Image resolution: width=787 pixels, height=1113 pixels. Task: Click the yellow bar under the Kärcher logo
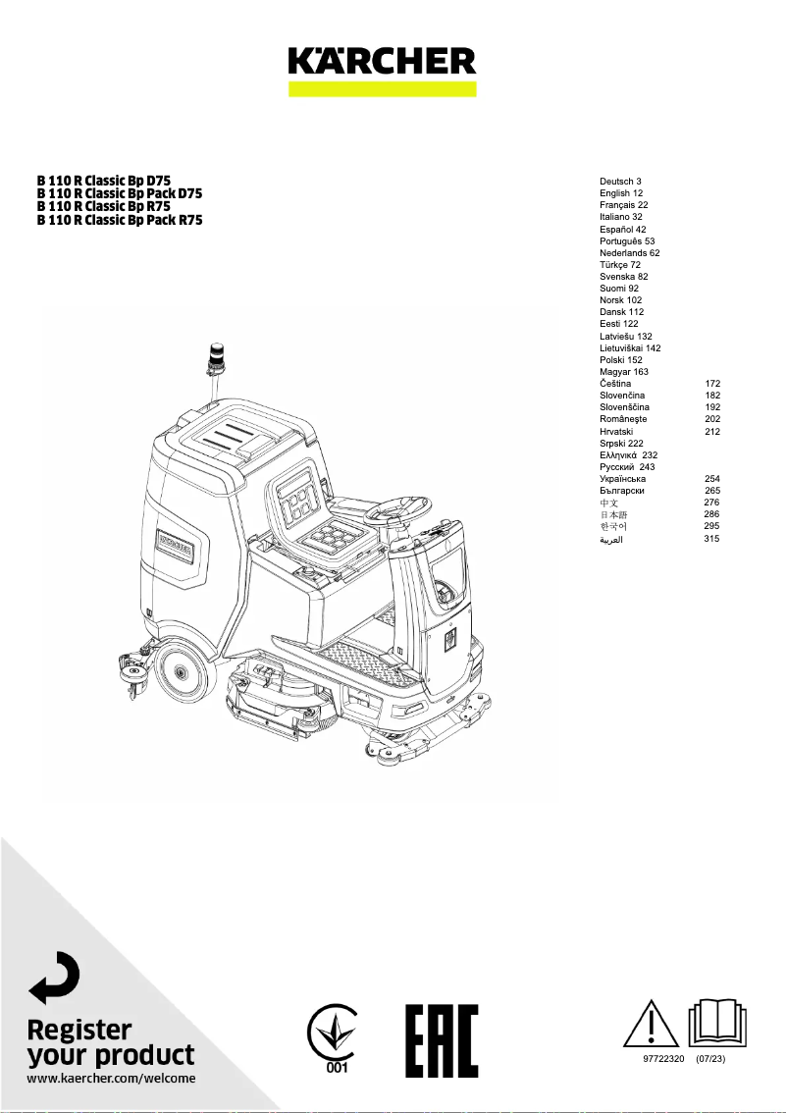click(x=382, y=88)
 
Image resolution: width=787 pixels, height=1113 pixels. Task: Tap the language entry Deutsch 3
click(x=620, y=182)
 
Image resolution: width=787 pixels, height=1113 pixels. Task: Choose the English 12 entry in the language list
click(x=621, y=193)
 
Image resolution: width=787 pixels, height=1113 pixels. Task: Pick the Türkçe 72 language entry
click(x=620, y=265)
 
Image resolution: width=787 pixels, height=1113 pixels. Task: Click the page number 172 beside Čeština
click(x=712, y=384)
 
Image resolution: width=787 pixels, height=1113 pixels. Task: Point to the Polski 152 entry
click(x=622, y=360)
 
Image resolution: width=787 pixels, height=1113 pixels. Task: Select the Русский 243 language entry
click(x=627, y=467)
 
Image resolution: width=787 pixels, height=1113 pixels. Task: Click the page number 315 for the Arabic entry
click(x=712, y=539)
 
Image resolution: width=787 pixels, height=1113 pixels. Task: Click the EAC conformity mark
click(x=442, y=1040)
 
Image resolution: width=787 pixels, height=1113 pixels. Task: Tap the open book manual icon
click(x=719, y=1024)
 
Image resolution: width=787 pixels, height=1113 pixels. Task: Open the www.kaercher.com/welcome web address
click(x=111, y=1078)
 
